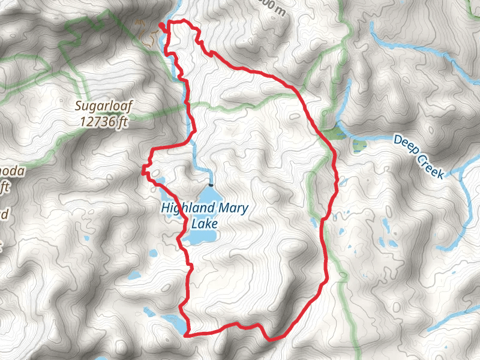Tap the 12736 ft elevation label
tap(103, 121)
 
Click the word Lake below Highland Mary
tap(205, 224)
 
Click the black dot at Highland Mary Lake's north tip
tap(210, 185)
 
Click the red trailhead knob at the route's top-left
tap(161, 25)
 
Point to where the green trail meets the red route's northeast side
tap(298, 92)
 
